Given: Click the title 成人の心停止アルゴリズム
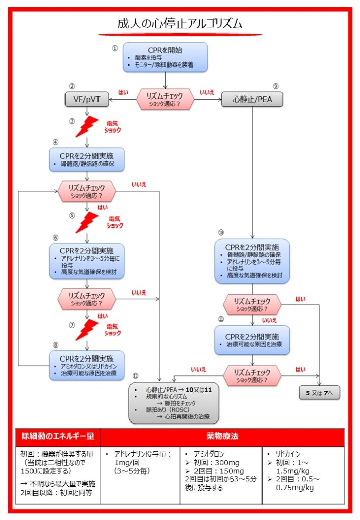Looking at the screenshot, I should tap(180, 24).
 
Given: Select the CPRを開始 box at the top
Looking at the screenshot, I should tap(166, 57).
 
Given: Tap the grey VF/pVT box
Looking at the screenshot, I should tap(87, 100).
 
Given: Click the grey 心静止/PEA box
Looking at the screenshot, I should tap(252, 100).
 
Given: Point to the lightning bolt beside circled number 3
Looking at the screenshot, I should tap(86, 127).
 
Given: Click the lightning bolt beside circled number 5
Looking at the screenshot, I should tap(86, 222).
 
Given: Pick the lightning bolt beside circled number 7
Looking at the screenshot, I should tap(86, 330).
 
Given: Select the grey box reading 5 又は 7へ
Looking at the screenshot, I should tap(319, 393).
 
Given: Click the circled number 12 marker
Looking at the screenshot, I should tap(135, 376).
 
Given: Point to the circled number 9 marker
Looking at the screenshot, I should tap(276, 86).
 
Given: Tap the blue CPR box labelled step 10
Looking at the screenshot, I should tap(252, 261).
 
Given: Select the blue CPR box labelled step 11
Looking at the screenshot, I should tap(252, 340).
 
